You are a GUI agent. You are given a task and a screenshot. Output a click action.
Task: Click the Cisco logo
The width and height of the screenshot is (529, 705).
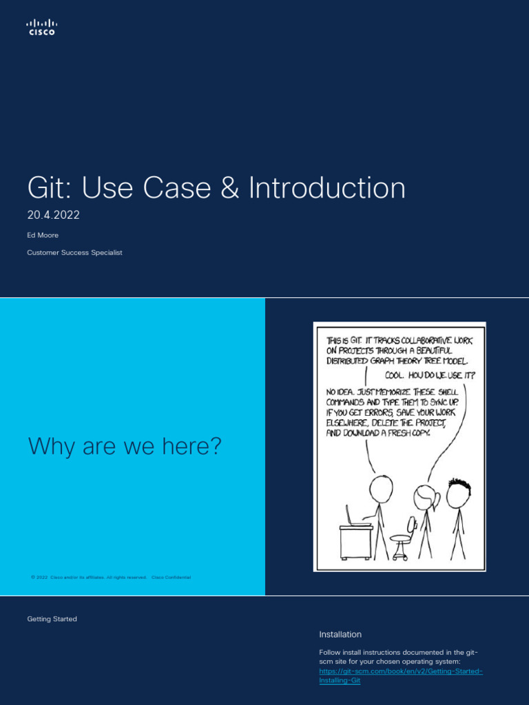tap(41, 27)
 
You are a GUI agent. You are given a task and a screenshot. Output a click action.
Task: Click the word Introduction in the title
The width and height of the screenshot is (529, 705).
tap(327, 189)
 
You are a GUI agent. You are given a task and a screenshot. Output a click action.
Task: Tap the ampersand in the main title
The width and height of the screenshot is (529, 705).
tap(231, 189)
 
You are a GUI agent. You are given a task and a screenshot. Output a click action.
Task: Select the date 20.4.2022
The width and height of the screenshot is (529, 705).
tap(53, 215)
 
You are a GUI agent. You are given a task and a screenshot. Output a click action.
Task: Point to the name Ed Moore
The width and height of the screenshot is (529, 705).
tap(43, 235)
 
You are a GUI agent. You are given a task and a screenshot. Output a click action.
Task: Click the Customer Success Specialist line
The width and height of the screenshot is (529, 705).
tap(74, 253)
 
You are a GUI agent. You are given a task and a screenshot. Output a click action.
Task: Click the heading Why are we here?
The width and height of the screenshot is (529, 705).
tap(125, 446)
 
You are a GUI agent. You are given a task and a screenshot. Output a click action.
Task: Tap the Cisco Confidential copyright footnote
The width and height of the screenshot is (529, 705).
tap(110, 577)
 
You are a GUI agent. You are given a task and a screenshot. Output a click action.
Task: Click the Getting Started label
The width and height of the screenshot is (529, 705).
tap(52, 619)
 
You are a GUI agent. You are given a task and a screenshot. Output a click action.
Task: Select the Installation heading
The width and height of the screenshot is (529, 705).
tap(340, 634)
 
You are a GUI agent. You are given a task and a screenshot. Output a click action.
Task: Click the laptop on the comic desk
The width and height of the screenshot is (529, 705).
tap(355, 517)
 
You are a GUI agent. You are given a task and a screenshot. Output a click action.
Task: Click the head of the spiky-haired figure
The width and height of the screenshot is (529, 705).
tap(457, 492)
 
